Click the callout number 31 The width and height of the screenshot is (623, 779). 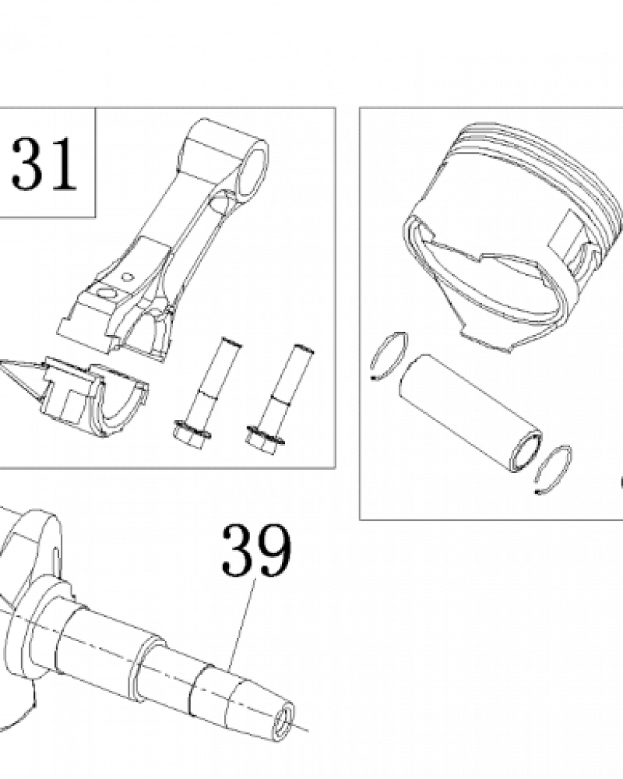click(44, 164)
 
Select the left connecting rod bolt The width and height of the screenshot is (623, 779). click(206, 393)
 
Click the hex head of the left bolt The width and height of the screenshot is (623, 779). click(192, 435)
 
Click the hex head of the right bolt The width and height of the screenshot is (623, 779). click(265, 439)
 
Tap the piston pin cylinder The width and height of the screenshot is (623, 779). click(470, 412)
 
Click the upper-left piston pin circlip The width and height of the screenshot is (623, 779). click(389, 356)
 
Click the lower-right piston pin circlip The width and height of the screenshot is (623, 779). click(555, 470)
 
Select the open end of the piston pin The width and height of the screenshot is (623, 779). click(526, 452)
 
